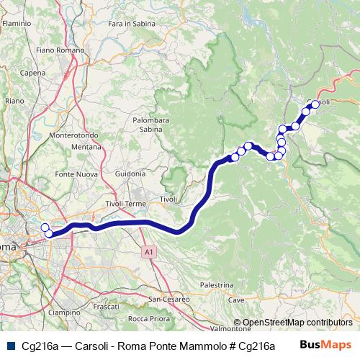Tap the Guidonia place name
pos(130,174)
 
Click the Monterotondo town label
pos(71,135)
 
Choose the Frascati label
pos(106,307)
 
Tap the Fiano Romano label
pos(55,50)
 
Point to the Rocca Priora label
pos(148,318)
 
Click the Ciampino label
pos(65,312)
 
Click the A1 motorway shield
pos(148,252)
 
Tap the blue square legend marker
pos(10,346)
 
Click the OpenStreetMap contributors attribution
pos(297,323)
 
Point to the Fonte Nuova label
pos(75,174)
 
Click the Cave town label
pos(236,300)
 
